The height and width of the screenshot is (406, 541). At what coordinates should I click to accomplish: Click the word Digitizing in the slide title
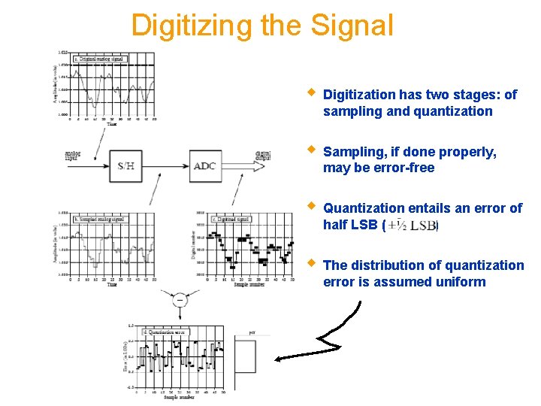tap(192, 26)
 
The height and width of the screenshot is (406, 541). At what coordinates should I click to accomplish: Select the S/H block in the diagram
tap(125, 165)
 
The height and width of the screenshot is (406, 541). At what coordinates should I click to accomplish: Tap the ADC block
tap(204, 165)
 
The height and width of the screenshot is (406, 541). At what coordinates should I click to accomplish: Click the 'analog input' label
tap(74, 155)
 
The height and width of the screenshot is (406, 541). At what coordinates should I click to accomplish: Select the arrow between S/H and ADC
tap(165, 165)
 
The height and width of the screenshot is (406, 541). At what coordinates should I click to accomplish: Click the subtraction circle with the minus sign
tap(180, 300)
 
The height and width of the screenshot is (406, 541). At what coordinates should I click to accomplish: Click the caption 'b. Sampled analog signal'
tap(98, 219)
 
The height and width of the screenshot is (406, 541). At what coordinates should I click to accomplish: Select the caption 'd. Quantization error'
tap(165, 332)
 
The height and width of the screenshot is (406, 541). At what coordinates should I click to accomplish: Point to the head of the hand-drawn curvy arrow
tap(278, 359)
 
